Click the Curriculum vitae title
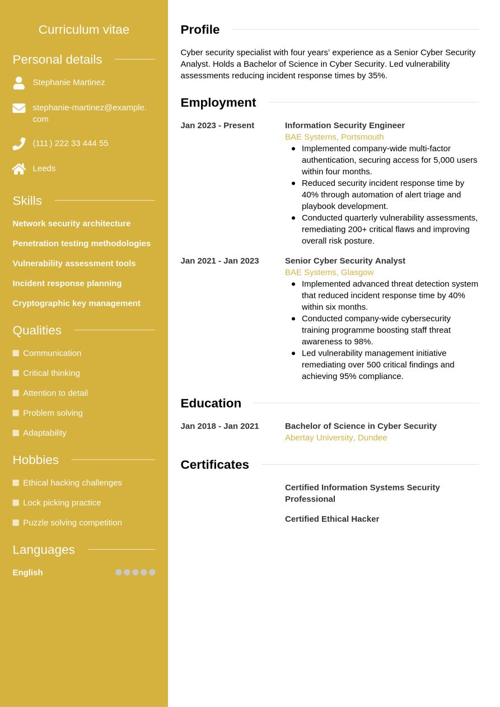[83, 30]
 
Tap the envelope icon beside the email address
[19, 108]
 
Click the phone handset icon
[19, 144]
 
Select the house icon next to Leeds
[19, 168]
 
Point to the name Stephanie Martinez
[68, 82]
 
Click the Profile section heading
[200, 30]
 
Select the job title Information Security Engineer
[344, 125]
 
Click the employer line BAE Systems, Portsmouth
[334, 137]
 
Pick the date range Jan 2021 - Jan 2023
[219, 261]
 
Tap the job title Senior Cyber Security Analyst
[344, 261]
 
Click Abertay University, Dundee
[335, 438]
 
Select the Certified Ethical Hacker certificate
[331, 519]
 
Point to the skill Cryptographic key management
[76, 303]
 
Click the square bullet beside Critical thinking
[16, 373]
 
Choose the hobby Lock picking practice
[62, 503]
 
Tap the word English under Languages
[27, 573]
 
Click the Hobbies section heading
[35, 460]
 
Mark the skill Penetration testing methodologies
[81, 244]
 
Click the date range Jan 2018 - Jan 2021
[219, 426]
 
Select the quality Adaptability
[44, 433]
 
